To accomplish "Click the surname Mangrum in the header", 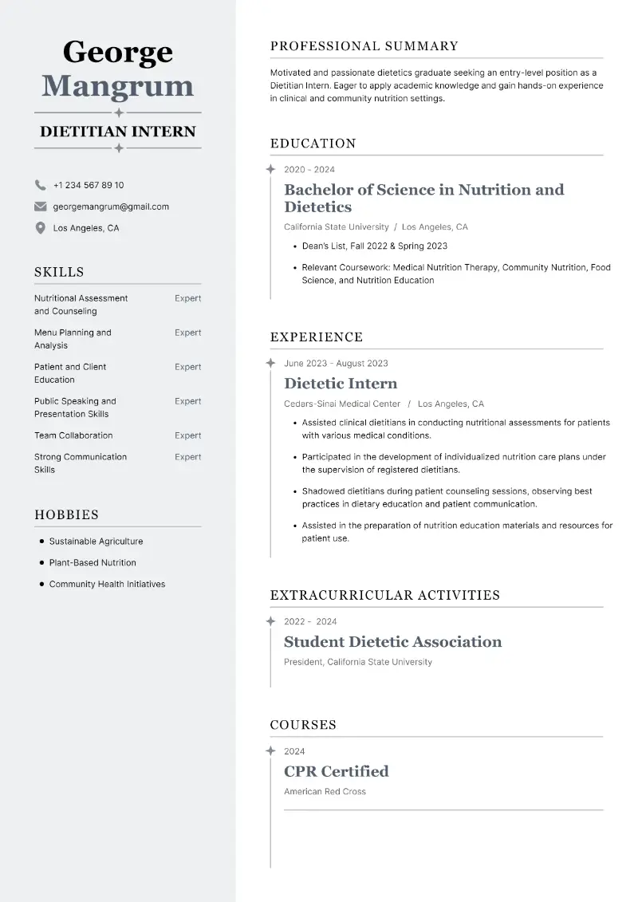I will pyautogui.click(x=117, y=86).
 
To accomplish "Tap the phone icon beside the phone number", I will pyautogui.click(x=40, y=185).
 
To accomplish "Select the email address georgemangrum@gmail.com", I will pyautogui.click(x=111, y=207).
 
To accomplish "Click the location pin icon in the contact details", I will pyautogui.click(x=40, y=228).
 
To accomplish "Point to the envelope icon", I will pyautogui.click(x=40, y=207).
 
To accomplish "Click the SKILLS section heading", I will pyautogui.click(x=59, y=272).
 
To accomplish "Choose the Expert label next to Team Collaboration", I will pyautogui.click(x=187, y=435).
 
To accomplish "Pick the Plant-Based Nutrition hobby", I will pyautogui.click(x=93, y=562).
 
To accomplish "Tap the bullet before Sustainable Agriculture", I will pyautogui.click(x=41, y=541).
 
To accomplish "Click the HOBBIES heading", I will pyautogui.click(x=66, y=515).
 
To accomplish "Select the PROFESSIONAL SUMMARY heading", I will pyautogui.click(x=364, y=46).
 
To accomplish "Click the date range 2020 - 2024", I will pyautogui.click(x=309, y=169).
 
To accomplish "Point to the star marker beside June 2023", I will pyautogui.click(x=270, y=363).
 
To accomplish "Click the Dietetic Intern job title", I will pyautogui.click(x=341, y=384).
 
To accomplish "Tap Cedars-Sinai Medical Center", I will pyautogui.click(x=342, y=404).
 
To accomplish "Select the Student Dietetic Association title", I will pyautogui.click(x=392, y=642).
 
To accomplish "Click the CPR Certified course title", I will pyautogui.click(x=336, y=771).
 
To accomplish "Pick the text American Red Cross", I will pyautogui.click(x=325, y=791).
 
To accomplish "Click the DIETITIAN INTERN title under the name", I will pyautogui.click(x=118, y=132).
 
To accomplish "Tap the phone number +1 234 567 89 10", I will pyautogui.click(x=89, y=185).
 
